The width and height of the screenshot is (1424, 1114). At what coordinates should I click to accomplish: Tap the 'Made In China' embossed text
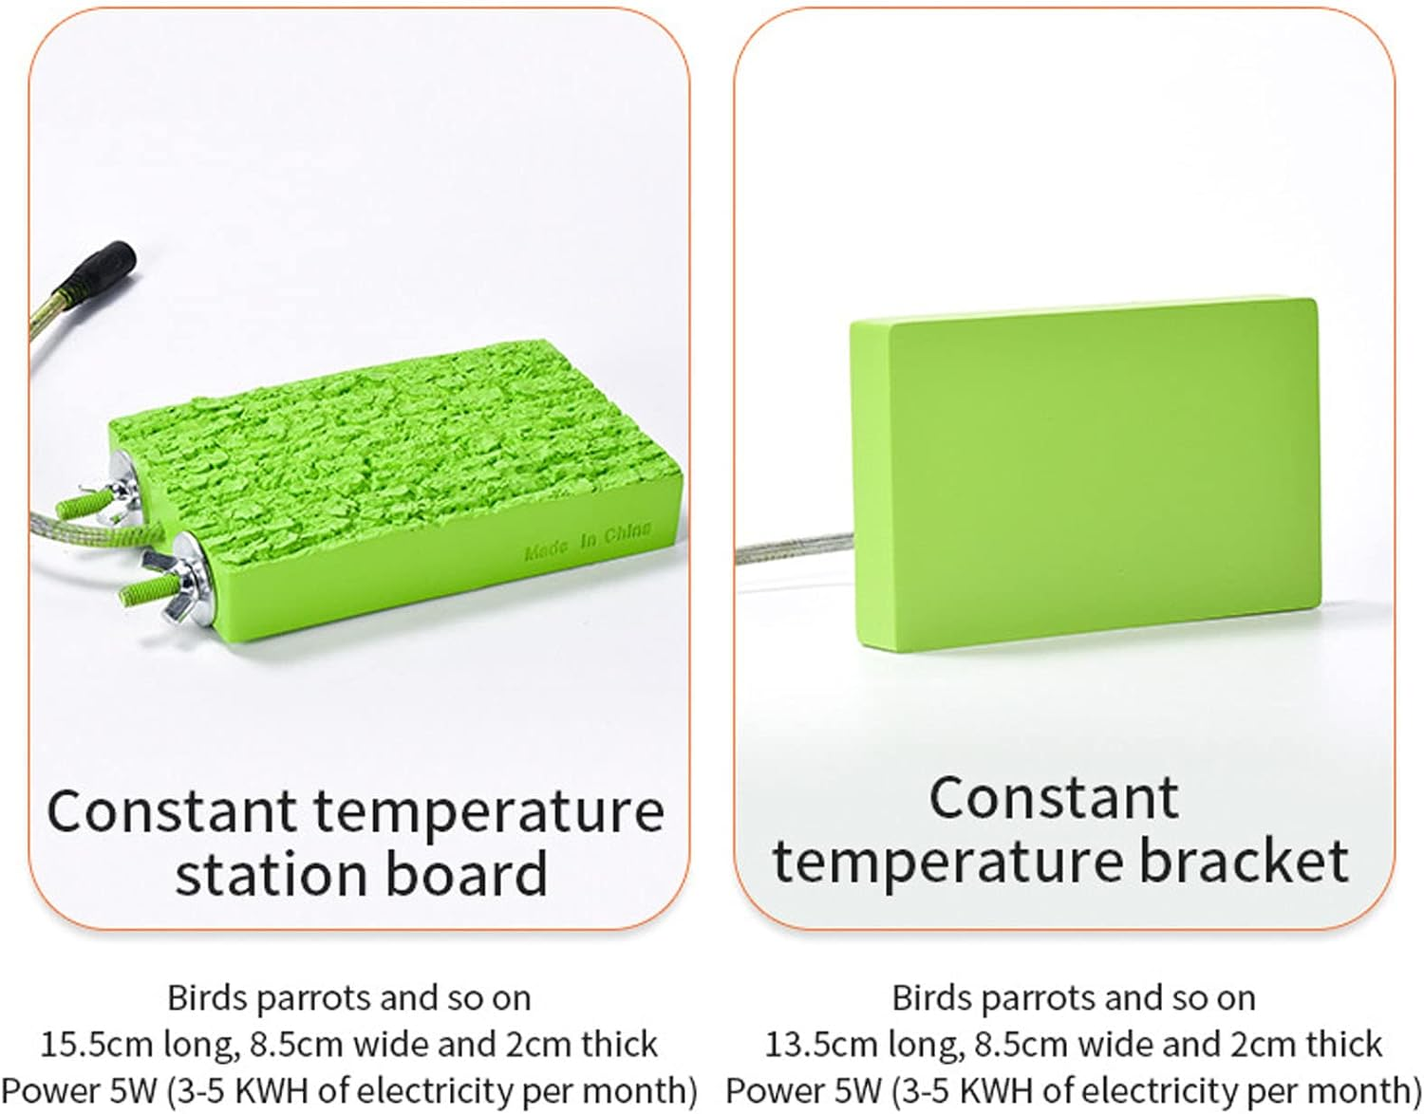tap(588, 539)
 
